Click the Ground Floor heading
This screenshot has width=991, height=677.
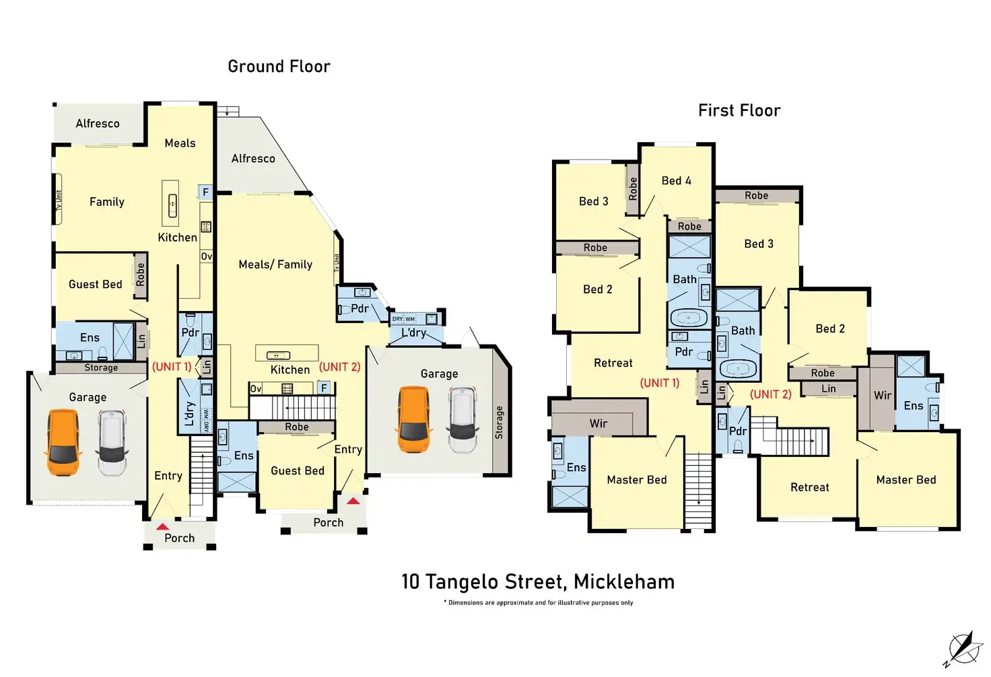click(279, 67)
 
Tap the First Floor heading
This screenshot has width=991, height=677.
click(739, 110)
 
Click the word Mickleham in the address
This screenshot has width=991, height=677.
click(623, 581)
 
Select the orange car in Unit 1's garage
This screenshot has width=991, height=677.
click(63, 442)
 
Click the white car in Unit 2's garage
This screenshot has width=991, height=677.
click(463, 419)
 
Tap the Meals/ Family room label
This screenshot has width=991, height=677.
click(275, 264)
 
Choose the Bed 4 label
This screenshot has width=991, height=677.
click(676, 180)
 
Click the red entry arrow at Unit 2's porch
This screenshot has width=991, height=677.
click(353, 501)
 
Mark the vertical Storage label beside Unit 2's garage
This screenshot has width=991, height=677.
click(499, 423)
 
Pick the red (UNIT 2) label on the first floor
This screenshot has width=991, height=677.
click(770, 394)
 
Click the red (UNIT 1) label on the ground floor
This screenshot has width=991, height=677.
click(172, 367)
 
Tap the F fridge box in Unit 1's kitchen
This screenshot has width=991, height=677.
click(205, 192)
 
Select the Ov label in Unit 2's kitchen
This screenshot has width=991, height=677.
click(256, 388)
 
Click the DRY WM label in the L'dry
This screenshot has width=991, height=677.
click(404, 319)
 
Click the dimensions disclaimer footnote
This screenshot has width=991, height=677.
click(538, 603)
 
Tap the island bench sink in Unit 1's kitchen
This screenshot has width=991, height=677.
click(172, 203)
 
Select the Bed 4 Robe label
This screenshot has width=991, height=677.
click(689, 226)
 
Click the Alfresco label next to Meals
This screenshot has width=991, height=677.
click(98, 124)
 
